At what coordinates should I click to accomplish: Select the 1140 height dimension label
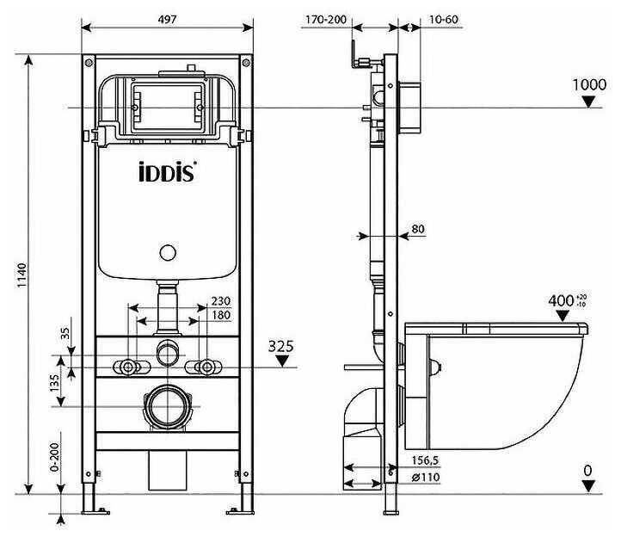click(19, 277)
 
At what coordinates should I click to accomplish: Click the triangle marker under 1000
click(589, 102)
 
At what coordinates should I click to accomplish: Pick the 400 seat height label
click(562, 300)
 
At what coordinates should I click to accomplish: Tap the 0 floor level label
click(588, 470)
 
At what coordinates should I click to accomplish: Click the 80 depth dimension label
click(419, 229)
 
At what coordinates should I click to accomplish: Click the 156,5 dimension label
click(418, 460)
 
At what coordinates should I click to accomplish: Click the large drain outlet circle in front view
click(167, 404)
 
